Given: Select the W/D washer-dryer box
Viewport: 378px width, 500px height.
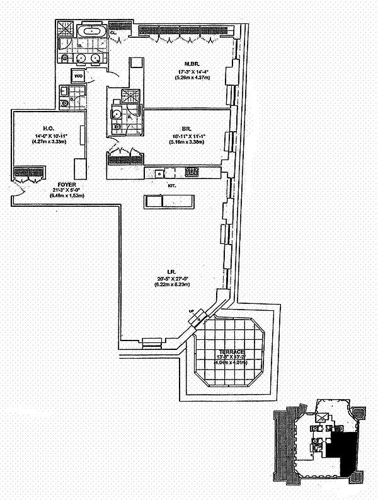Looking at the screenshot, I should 78,76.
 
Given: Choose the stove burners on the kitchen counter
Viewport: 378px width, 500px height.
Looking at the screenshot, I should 191,172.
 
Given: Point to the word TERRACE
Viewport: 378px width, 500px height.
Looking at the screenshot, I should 229,352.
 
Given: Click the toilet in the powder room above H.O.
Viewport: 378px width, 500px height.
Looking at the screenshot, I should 64,103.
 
